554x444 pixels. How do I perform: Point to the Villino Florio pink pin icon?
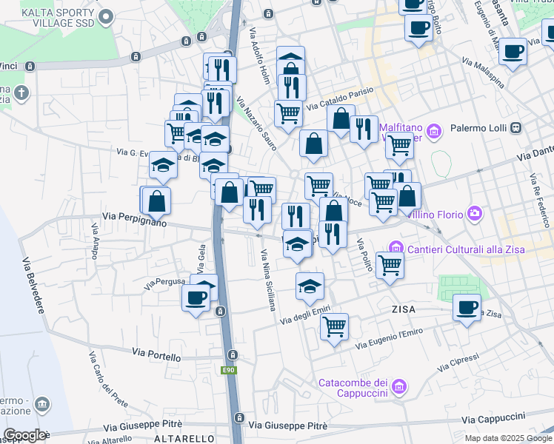point(475,215)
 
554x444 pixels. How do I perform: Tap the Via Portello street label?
point(156,356)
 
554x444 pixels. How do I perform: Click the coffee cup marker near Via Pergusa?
point(196,298)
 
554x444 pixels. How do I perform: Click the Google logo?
point(24,436)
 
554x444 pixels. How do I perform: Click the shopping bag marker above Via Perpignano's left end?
point(157,201)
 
